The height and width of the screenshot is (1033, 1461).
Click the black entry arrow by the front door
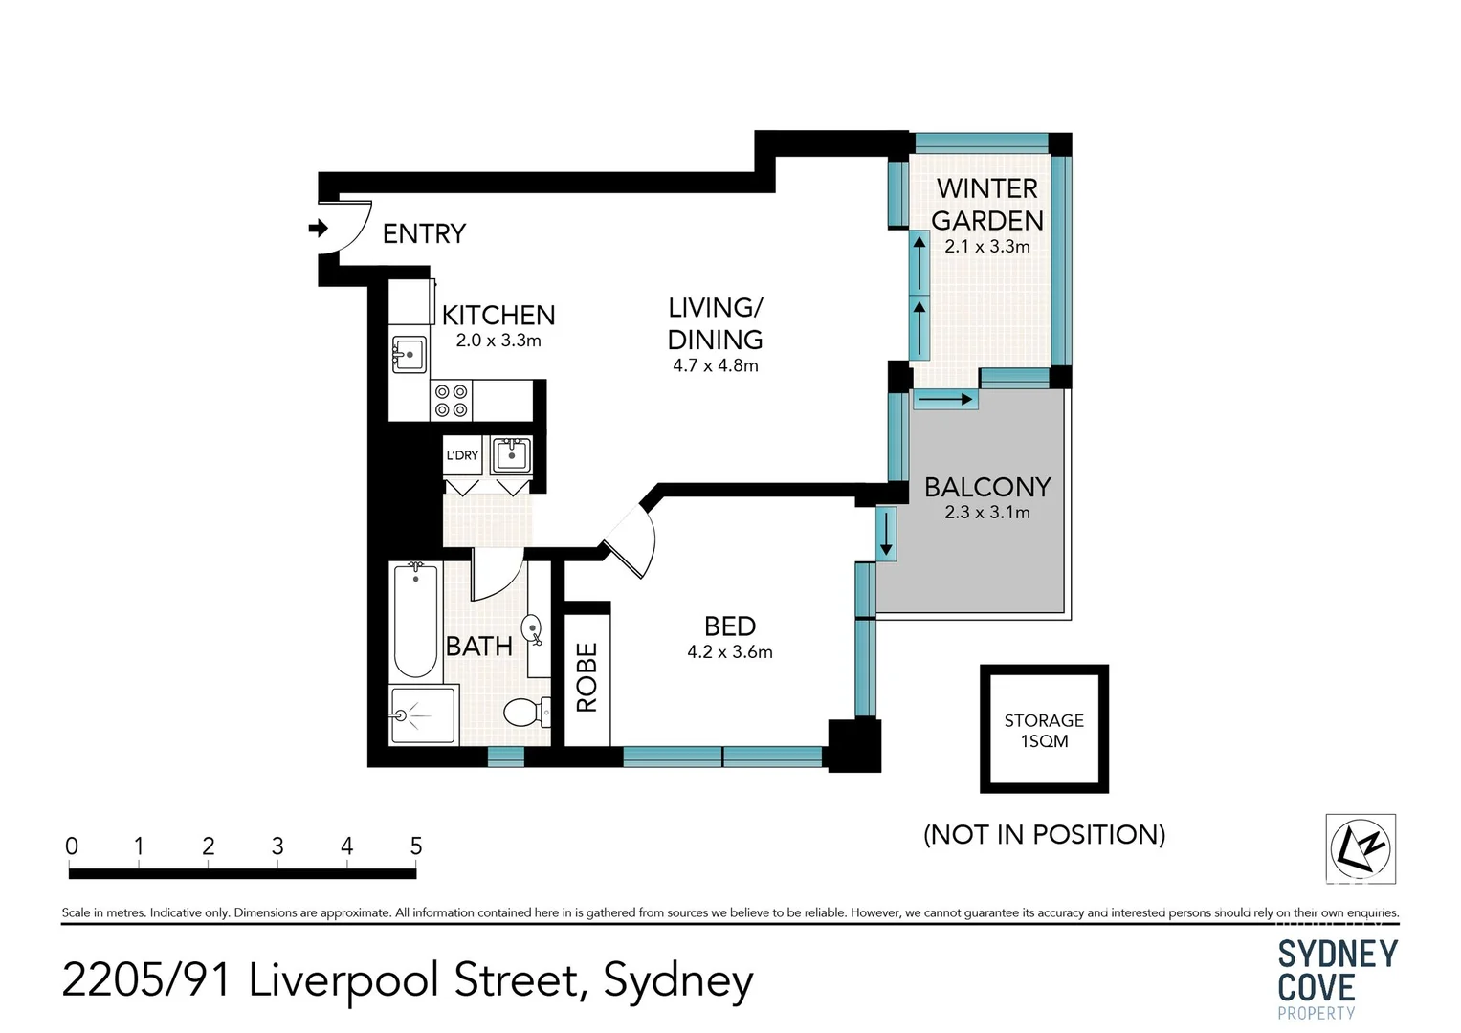(319, 229)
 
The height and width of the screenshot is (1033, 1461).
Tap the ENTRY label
(424, 233)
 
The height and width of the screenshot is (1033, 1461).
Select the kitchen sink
(409, 355)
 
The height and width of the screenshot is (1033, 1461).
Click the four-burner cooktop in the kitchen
(452, 401)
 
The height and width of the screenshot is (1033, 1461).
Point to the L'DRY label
(462, 455)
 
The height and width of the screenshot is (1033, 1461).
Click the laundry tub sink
(512, 454)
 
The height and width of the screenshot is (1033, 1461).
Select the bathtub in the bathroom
(415, 622)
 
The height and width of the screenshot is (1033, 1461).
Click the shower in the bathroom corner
(423, 714)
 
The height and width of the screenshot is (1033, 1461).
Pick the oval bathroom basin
(532, 629)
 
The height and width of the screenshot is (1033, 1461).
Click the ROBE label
(587, 677)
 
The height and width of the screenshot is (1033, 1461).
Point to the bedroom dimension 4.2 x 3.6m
(730, 651)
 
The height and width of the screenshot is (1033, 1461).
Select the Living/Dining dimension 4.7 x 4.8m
(716, 365)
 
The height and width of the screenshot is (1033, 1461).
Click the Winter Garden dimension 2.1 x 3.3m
(987, 247)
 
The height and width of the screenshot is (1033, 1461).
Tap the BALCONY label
(988, 487)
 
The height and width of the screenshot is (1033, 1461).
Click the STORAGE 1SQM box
(1044, 729)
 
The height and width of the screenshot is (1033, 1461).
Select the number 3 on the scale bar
(277, 846)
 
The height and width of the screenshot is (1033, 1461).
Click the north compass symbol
(1361, 849)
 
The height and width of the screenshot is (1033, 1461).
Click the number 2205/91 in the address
(146, 980)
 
